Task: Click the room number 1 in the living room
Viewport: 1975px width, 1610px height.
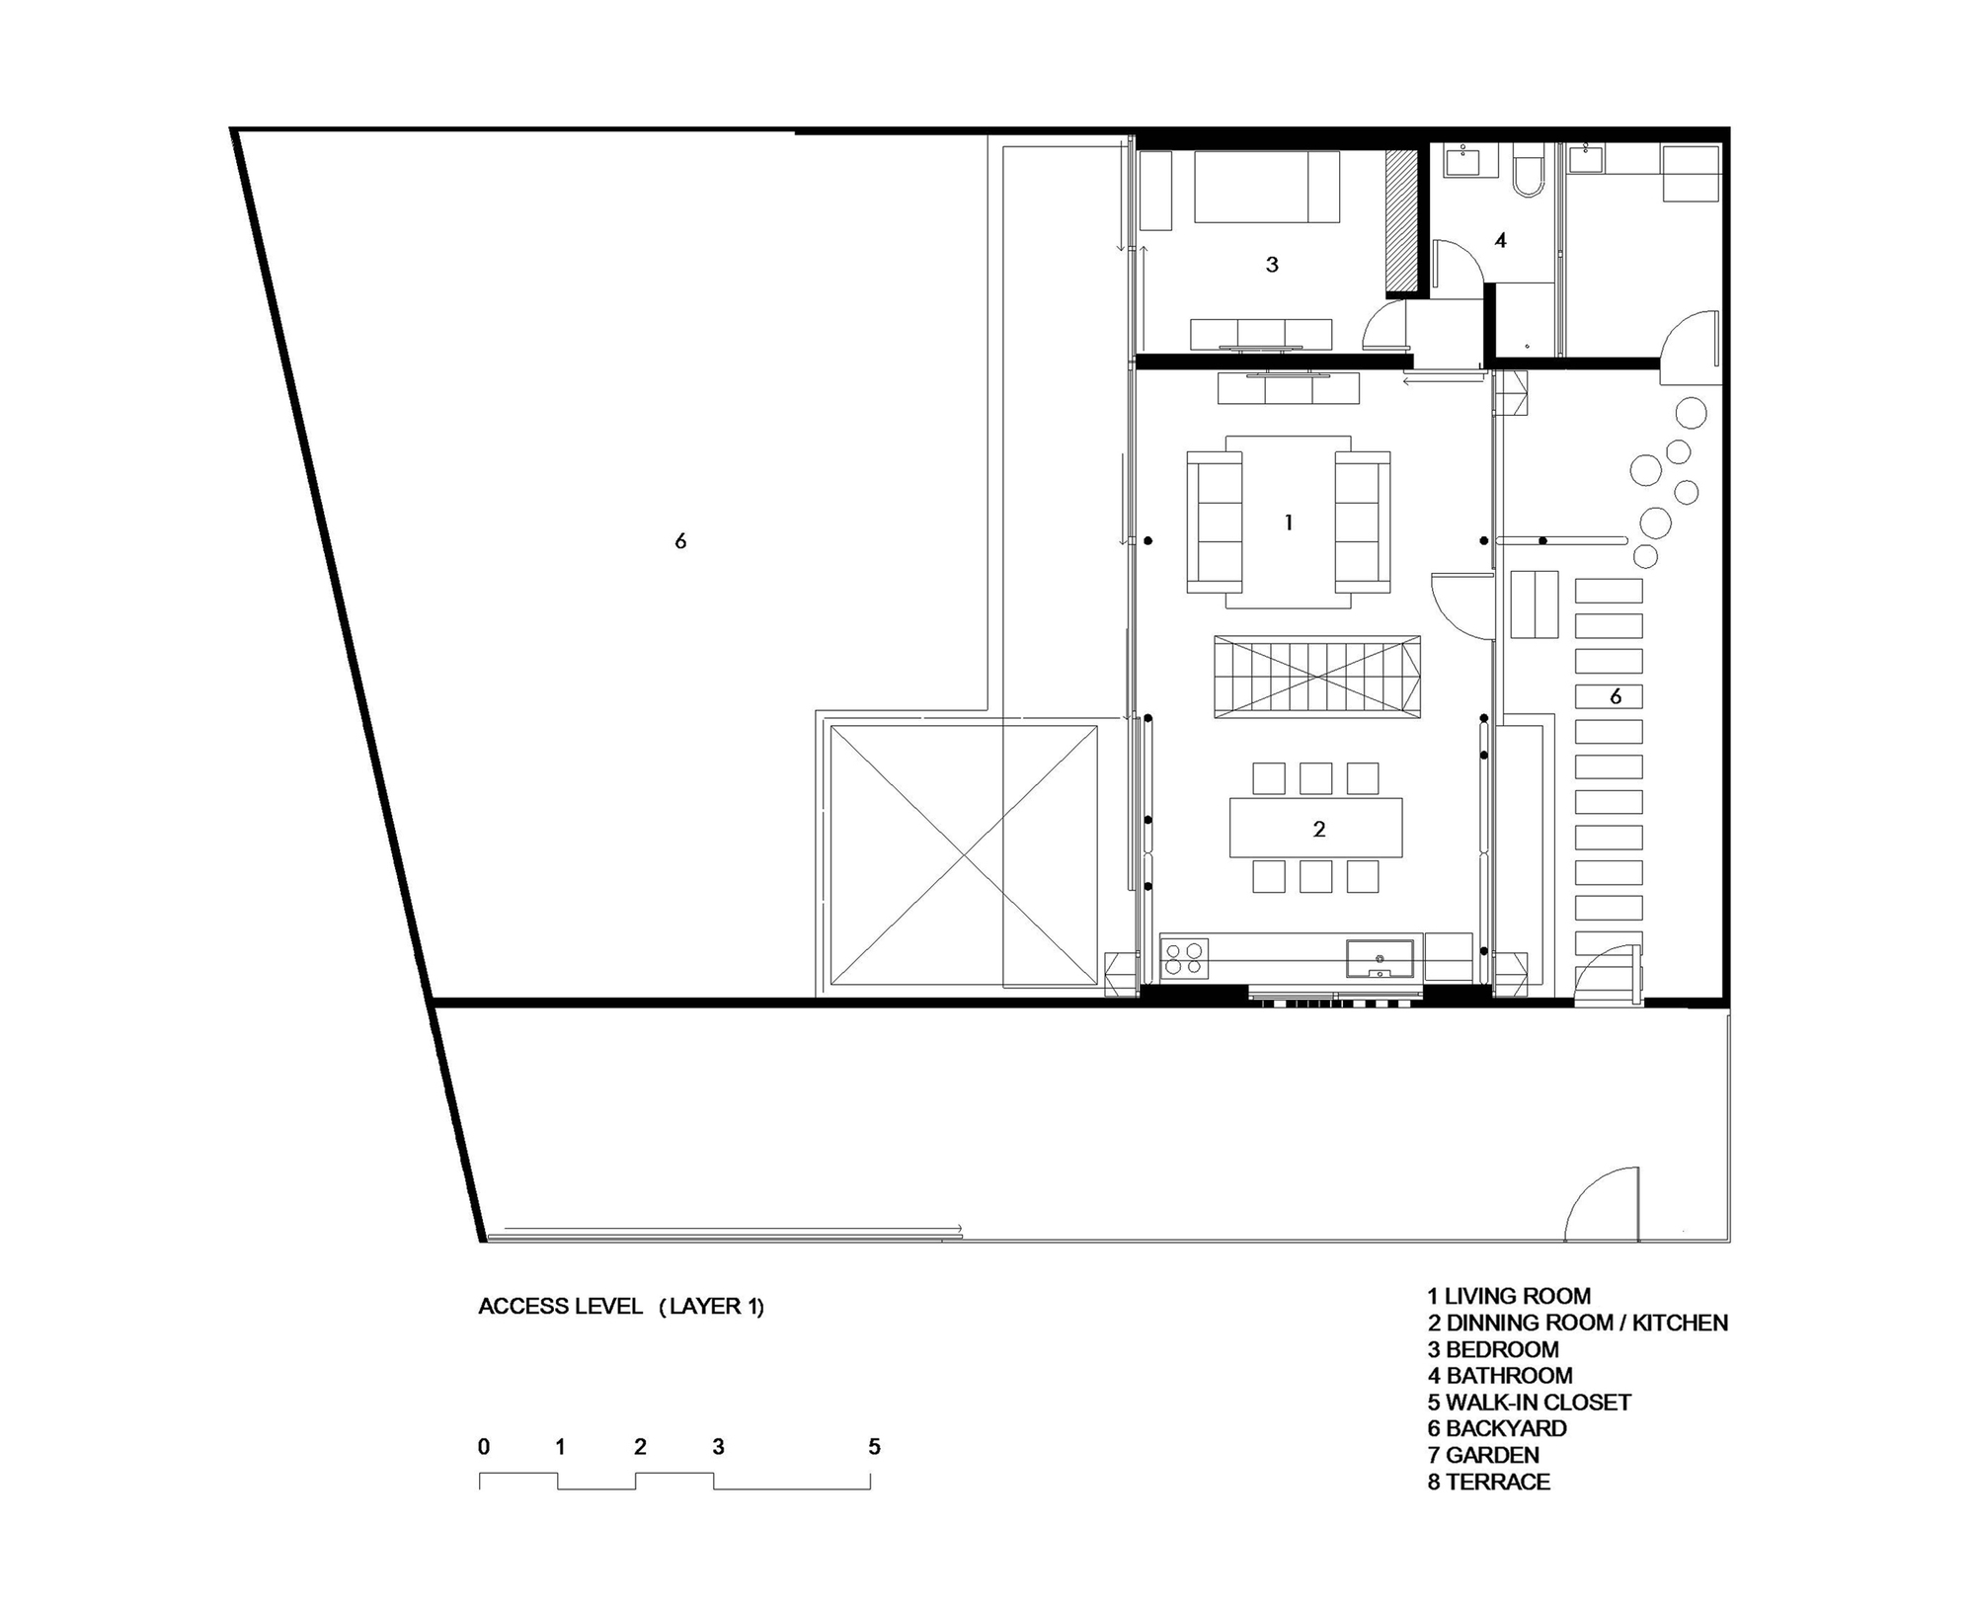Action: [1289, 523]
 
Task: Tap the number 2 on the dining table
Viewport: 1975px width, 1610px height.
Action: [1319, 830]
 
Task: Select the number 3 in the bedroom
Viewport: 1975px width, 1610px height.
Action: [1272, 265]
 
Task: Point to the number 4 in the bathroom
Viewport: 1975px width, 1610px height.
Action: [1500, 240]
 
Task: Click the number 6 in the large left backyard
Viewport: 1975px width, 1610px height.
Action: [680, 541]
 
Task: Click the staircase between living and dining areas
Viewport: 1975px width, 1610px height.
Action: [1317, 677]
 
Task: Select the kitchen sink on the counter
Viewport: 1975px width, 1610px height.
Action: [1380, 959]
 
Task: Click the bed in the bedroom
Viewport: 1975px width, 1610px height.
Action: [1267, 187]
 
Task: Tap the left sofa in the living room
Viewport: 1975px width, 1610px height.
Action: [1214, 522]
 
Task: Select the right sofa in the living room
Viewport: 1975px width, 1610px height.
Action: [1363, 522]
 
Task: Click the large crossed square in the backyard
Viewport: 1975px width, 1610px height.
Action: [964, 855]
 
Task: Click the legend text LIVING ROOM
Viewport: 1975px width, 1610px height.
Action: [1518, 1296]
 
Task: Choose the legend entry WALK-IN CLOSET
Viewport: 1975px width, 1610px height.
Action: [1539, 1403]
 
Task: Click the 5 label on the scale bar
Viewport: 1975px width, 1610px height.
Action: [874, 1447]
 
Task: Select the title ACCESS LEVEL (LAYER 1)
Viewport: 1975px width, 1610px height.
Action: [621, 1306]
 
